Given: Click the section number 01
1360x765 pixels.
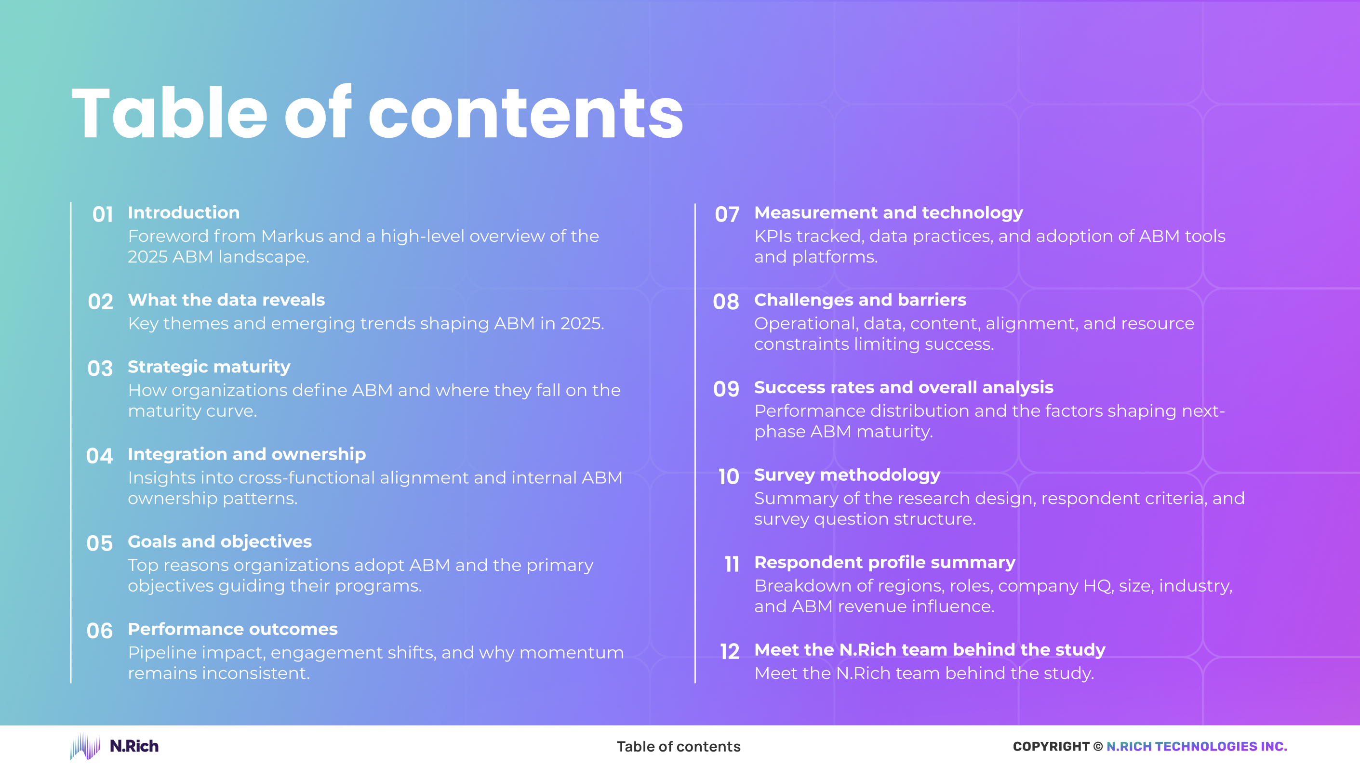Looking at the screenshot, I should click(103, 215).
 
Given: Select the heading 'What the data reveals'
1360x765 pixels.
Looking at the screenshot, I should click(226, 300).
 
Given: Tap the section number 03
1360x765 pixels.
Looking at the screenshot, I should click(100, 368).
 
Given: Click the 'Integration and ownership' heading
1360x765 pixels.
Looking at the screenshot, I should click(247, 454).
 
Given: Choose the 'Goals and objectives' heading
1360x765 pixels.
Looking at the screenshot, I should click(220, 541).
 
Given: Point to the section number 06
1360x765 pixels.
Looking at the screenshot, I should click(99, 631).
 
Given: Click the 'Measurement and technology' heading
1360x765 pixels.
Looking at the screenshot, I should click(888, 212).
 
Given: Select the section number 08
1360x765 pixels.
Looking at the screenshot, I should click(726, 302).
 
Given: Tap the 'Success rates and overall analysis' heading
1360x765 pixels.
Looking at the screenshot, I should click(903, 387).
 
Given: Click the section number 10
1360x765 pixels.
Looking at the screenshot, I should click(729, 477).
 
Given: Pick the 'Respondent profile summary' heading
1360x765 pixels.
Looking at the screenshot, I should click(884, 562).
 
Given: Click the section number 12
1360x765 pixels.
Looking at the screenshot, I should click(730, 652).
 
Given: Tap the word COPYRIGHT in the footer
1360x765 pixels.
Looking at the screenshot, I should click(1051, 747).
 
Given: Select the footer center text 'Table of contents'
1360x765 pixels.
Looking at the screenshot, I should click(679, 747).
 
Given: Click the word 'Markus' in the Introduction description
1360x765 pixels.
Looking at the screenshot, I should click(292, 236).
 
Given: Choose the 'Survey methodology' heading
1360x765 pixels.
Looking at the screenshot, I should click(847, 475).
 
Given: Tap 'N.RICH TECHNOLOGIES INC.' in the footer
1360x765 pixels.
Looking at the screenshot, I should click(1196, 747).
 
